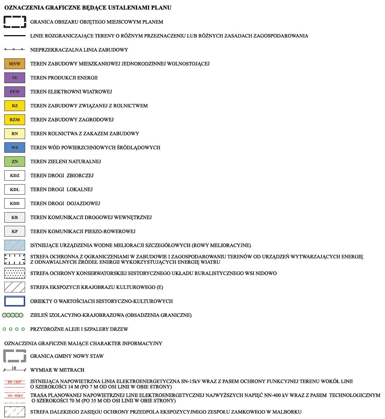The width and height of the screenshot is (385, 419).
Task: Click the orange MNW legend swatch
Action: (x=15, y=64)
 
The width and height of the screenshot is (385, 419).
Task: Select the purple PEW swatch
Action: (x=15, y=92)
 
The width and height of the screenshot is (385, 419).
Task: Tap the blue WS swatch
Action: (x=15, y=148)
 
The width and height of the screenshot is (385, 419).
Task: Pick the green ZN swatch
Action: (x=15, y=162)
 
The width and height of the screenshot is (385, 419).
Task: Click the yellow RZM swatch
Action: (x=15, y=120)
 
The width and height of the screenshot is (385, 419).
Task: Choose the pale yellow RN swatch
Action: (x=15, y=134)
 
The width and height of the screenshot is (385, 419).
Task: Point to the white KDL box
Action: (x=15, y=190)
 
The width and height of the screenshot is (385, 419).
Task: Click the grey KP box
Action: (x=15, y=232)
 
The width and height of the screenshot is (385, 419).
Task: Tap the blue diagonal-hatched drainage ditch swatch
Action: (x=15, y=245)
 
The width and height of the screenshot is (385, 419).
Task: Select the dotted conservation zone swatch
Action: (x=15, y=273)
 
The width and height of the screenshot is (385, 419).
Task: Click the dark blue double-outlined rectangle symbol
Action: (x=15, y=301)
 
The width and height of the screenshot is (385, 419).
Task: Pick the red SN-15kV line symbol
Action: (x=15, y=382)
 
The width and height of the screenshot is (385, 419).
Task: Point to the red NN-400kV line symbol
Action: (x=15, y=396)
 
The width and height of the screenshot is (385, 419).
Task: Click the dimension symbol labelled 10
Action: (x=15, y=370)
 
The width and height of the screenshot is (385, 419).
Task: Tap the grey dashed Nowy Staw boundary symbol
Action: (x=15, y=356)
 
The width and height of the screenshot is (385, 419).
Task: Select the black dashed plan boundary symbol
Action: (x=15, y=22)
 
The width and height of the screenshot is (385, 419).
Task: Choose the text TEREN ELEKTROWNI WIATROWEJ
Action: (x=71, y=92)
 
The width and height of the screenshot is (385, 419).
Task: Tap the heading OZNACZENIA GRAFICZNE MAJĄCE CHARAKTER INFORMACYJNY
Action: (x=83, y=343)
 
